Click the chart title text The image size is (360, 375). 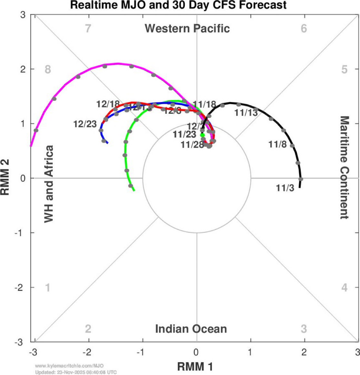pyautogui.click(x=178, y=5)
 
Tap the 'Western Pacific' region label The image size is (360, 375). pyautogui.click(x=187, y=28)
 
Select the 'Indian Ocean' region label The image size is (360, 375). pyautogui.click(x=191, y=329)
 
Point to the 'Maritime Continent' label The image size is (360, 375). pyautogui.click(x=345, y=168)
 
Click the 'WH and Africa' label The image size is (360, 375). pyautogui.click(x=48, y=184)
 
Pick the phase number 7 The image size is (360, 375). pyautogui.click(x=88, y=28)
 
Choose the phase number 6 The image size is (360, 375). pyautogui.click(x=304, y=28)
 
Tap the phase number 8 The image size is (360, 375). pyautogui.click(x=48, y=69)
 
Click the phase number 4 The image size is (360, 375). pyautogui.click(x=345, y=287)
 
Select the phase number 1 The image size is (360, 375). pyautogui.click(x=48, y=287)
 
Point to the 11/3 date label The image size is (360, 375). pyautogui.click(x=285, y=188)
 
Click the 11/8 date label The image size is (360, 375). pyautogui.click(x=277, y=144)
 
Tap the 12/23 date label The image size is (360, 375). pyautogui.click(x=85, y=124)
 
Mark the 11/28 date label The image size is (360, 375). pyautogui.click(x=192, y=145)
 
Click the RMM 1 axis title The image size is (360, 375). pyautogui.click(x=195, y=366)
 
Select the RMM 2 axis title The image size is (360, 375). pyautogui.click(x=5, y=178)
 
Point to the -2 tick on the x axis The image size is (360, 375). pyautogui.click(x=87, y=352)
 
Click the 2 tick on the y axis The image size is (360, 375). pyautogui.click(x=23, y=69)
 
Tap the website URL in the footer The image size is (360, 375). pyautogui.click(x=69, y=366)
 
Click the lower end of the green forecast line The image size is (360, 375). pyautogui.click(x=134, y=191)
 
